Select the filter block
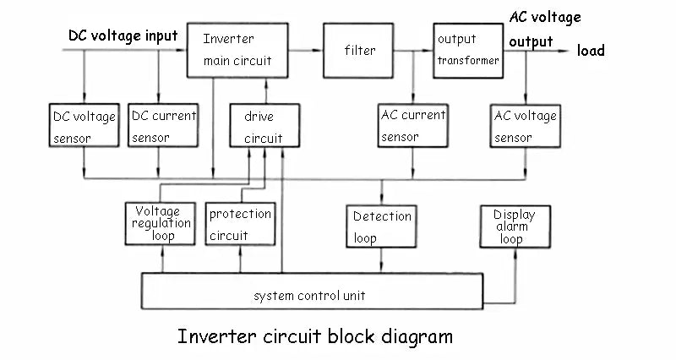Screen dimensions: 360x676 pyautogui.click(x=359, y=51)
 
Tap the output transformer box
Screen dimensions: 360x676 pyautogui.click(x=467, y=51)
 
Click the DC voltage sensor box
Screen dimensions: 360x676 pyautogui.click(x=84, y=126)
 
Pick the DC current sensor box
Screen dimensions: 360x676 pyautogui.click(x=163, y=126)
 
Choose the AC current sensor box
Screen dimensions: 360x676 pyautogui.click(x=412, y=126)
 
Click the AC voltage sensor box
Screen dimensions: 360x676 pyautogui.click(x=525, y=126)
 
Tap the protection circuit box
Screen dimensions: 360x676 pyautogui.click(x=240, y=225)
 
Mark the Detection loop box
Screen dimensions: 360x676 pyautogui.click(x=382, y=226)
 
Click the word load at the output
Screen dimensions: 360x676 pyautogui.click(x=591, y=51)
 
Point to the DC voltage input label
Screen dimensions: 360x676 pyautogui.click(x=123, y=35)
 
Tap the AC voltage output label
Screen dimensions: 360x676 pyautogui.click(x=544, y=29)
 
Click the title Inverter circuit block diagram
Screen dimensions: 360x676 pyautogui.click(x=315, y=336)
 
